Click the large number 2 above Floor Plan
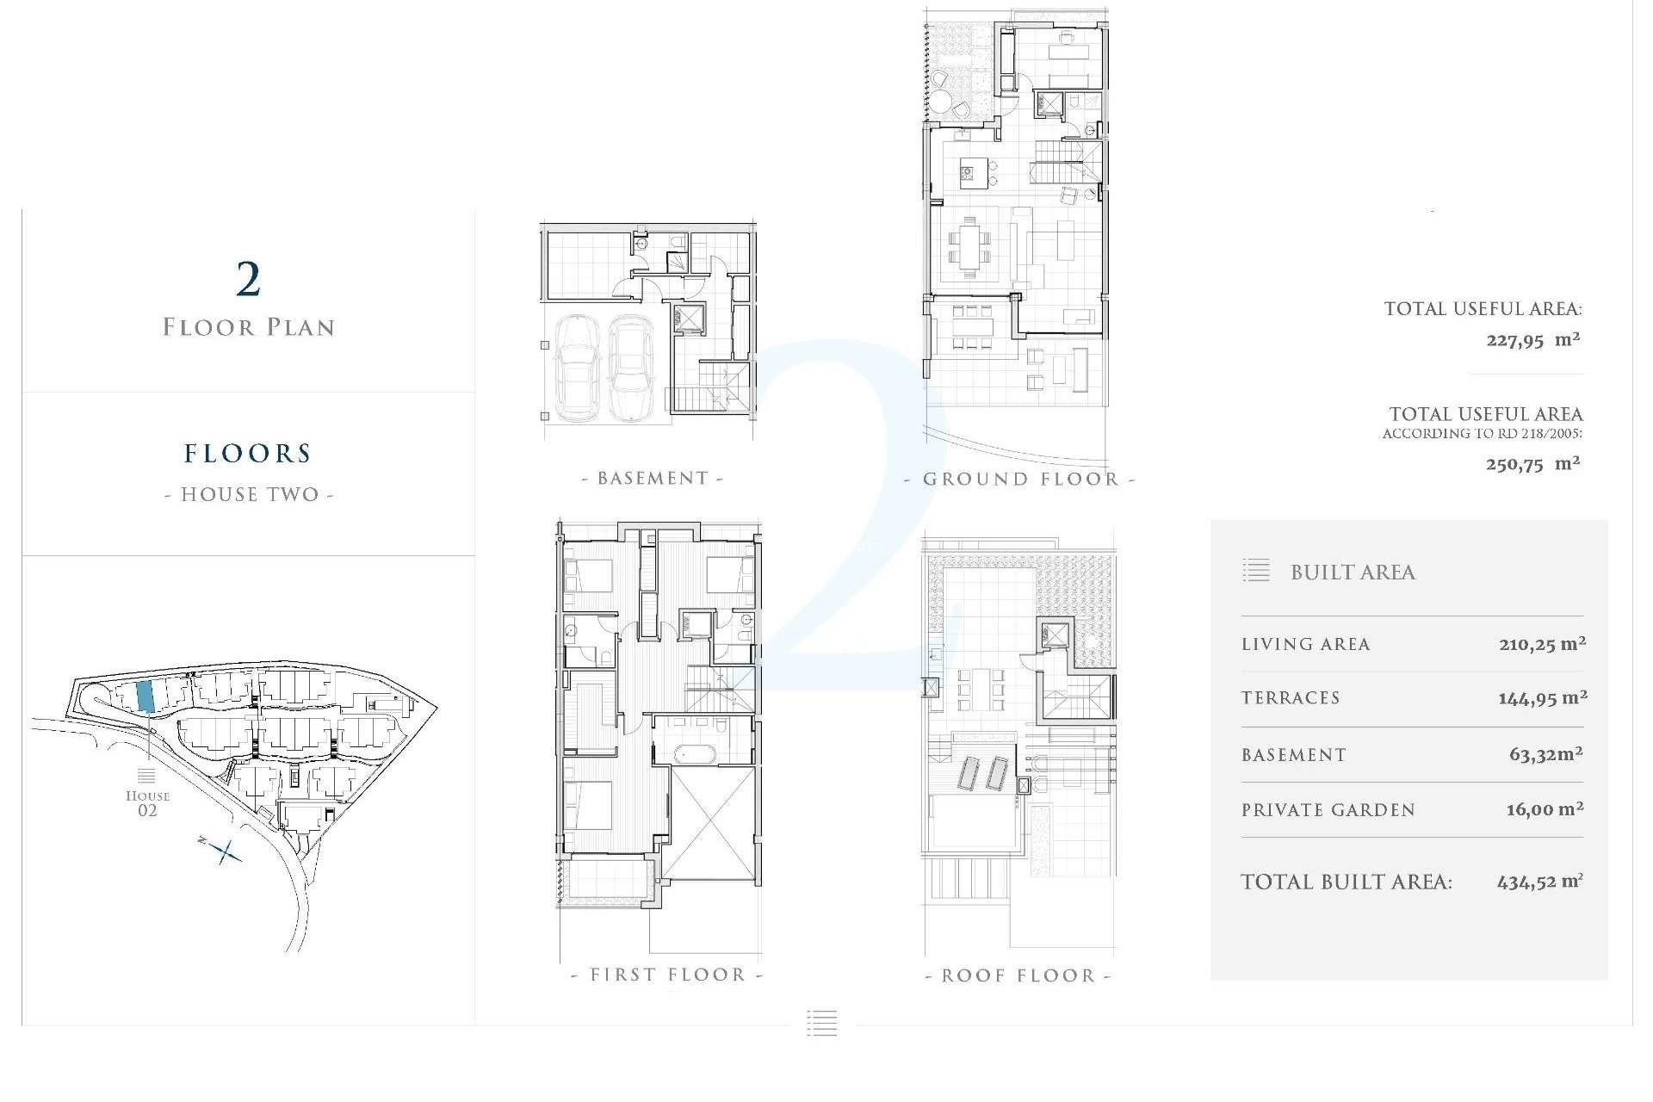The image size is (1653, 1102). (248, 279)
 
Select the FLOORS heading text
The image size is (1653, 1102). (248, 454)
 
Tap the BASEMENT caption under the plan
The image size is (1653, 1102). (653, 479)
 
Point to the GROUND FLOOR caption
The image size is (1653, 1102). (1020, 480)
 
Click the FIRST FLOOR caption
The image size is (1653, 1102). (667, 975)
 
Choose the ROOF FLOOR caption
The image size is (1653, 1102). (1018, 976)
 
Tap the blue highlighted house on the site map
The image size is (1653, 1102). (146, 696)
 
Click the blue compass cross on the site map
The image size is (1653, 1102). (226, 851)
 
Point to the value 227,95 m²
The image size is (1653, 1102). (1532, 340)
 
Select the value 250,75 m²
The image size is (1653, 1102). (1532, 464)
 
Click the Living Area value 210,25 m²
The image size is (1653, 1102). (1542, 644)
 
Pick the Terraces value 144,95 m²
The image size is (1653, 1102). (1542, 698)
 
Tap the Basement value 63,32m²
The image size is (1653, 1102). (1545, 755)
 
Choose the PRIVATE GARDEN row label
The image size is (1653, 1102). (1328, 810)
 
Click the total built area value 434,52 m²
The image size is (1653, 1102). (1539, 882)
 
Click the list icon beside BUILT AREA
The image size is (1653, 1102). (1256, 571)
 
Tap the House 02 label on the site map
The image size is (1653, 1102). (147, 802)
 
